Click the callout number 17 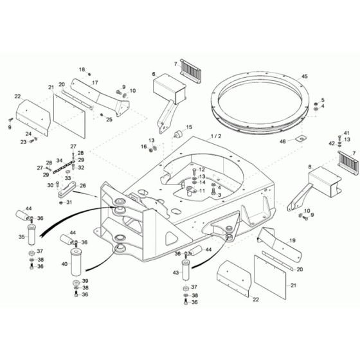click(x=94, y=83)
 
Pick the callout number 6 click(x=154, y=75)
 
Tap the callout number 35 click(x=21, y=237)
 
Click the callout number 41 click(x=346, y=132)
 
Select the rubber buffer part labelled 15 click(x=174, y=139)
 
